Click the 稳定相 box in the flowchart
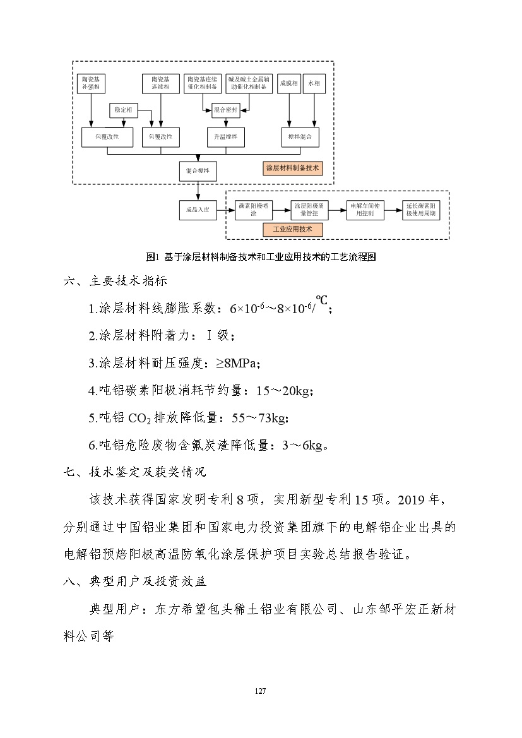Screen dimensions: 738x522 coord(123,110)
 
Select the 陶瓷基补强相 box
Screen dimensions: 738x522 coord(93,83)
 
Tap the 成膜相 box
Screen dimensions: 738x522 coord(290,83)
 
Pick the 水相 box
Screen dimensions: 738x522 coord(314,83)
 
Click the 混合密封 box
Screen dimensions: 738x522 coord(225,110)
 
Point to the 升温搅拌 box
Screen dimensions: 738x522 coord(225,136)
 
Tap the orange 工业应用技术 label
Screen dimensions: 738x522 coord(292,229)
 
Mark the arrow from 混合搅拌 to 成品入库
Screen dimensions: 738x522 coord(198,191)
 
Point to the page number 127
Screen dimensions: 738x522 coord(260,691)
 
